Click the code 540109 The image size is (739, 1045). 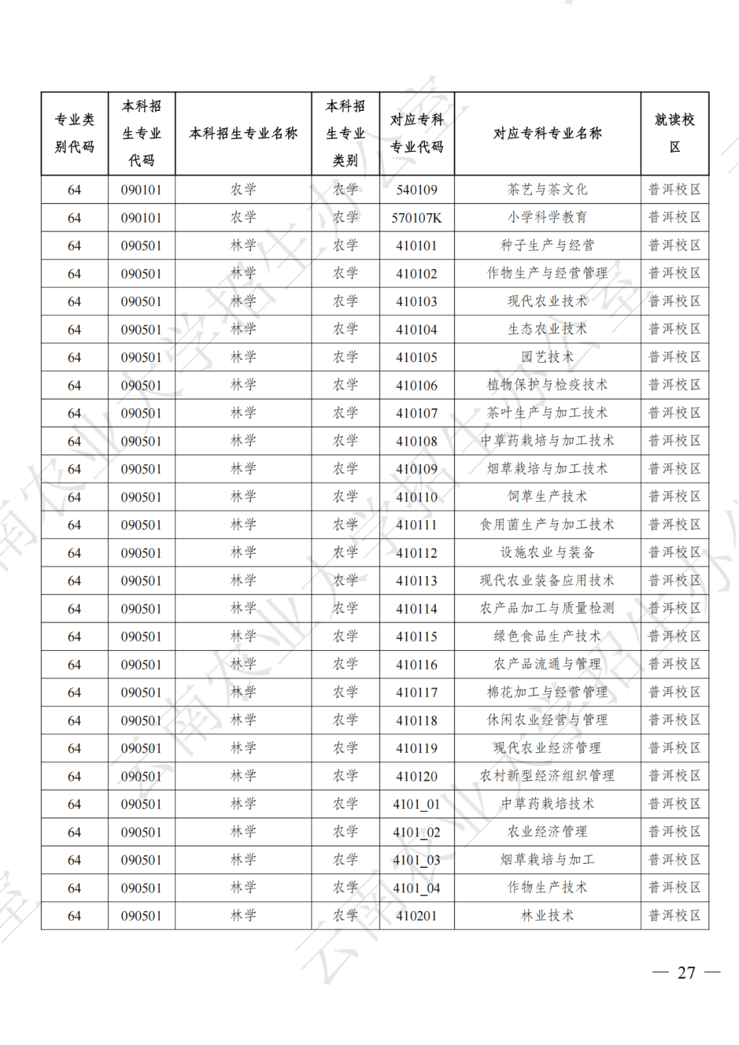[416, 190]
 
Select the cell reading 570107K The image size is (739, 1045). [416, 218]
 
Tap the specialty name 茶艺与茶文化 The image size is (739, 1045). [547, 190]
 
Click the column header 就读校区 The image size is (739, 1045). [674, 133]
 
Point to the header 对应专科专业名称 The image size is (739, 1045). [547, 133]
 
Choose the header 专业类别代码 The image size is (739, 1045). [74, 133]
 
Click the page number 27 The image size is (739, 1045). [686, 972]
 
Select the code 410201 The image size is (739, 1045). [416, 916]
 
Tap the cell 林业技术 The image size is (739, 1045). [547, 916]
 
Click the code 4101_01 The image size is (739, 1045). [416, 804]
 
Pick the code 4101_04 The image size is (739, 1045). [416, 888]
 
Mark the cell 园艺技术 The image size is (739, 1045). [547, 357]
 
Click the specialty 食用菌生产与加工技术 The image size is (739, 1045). [547, 525]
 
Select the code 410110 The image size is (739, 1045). [416, 497]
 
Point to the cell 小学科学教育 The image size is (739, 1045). [547, 218]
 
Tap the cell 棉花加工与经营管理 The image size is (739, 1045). [547, 693]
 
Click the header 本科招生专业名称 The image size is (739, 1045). [243, 133]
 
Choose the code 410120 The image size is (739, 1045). [416, 776]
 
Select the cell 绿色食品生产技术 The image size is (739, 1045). [547, 636]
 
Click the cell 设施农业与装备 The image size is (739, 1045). [547, 553]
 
